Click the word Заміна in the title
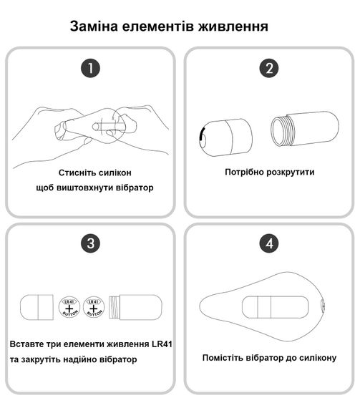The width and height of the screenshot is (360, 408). tap(94, 26)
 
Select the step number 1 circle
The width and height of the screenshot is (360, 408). tap(90, 68)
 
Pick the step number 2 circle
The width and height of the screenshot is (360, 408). tap(269, 68)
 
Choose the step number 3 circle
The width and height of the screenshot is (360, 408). tap(90, 243)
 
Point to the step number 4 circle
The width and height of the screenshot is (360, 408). tap(269, 243)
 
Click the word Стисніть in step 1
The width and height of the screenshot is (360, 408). tap(74, 173)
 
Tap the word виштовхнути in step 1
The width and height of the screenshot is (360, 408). tap(84, 188)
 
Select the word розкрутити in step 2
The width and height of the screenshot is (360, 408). tap(291, 172)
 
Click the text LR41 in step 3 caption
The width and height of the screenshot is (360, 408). tap(162, 344)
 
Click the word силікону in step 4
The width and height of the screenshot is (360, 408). tap(318, 358)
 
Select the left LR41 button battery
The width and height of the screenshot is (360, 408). tap(69, 308)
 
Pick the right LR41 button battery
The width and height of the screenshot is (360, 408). tap(94, 308)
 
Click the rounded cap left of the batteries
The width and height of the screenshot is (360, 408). tap(37, 307)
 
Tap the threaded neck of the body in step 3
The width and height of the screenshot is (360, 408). tap(115, 308)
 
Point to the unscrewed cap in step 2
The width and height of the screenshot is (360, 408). tap(225, 137)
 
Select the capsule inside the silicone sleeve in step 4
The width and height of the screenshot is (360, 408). tap(276, 307)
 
